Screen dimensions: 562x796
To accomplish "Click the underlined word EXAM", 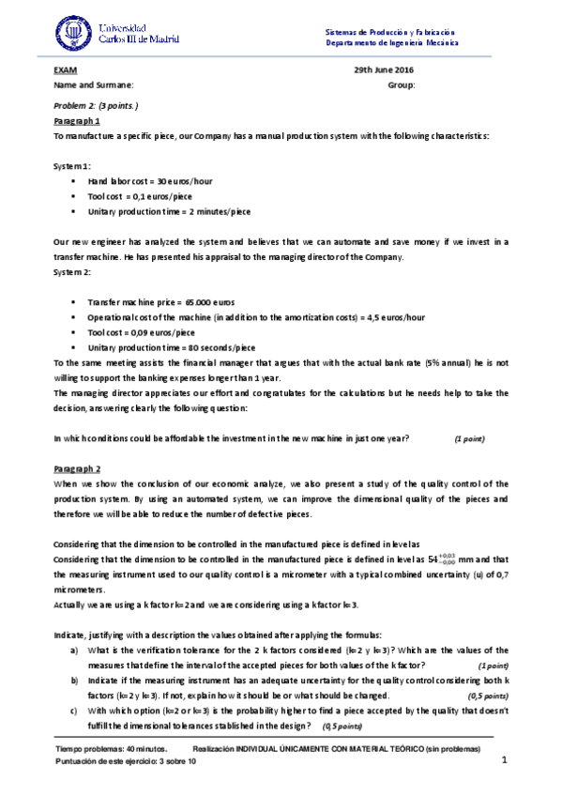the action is pos(64,70).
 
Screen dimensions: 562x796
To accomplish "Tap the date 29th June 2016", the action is pos(383,70).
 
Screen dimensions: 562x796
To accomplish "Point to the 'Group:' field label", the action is pos(401,85).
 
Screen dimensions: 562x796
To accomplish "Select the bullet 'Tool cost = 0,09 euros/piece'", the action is pos(142,332).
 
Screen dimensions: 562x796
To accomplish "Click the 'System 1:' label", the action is pos(72,165).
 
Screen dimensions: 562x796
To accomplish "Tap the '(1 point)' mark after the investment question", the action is pos(470,438).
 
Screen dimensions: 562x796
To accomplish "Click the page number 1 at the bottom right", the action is pos(504,759).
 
